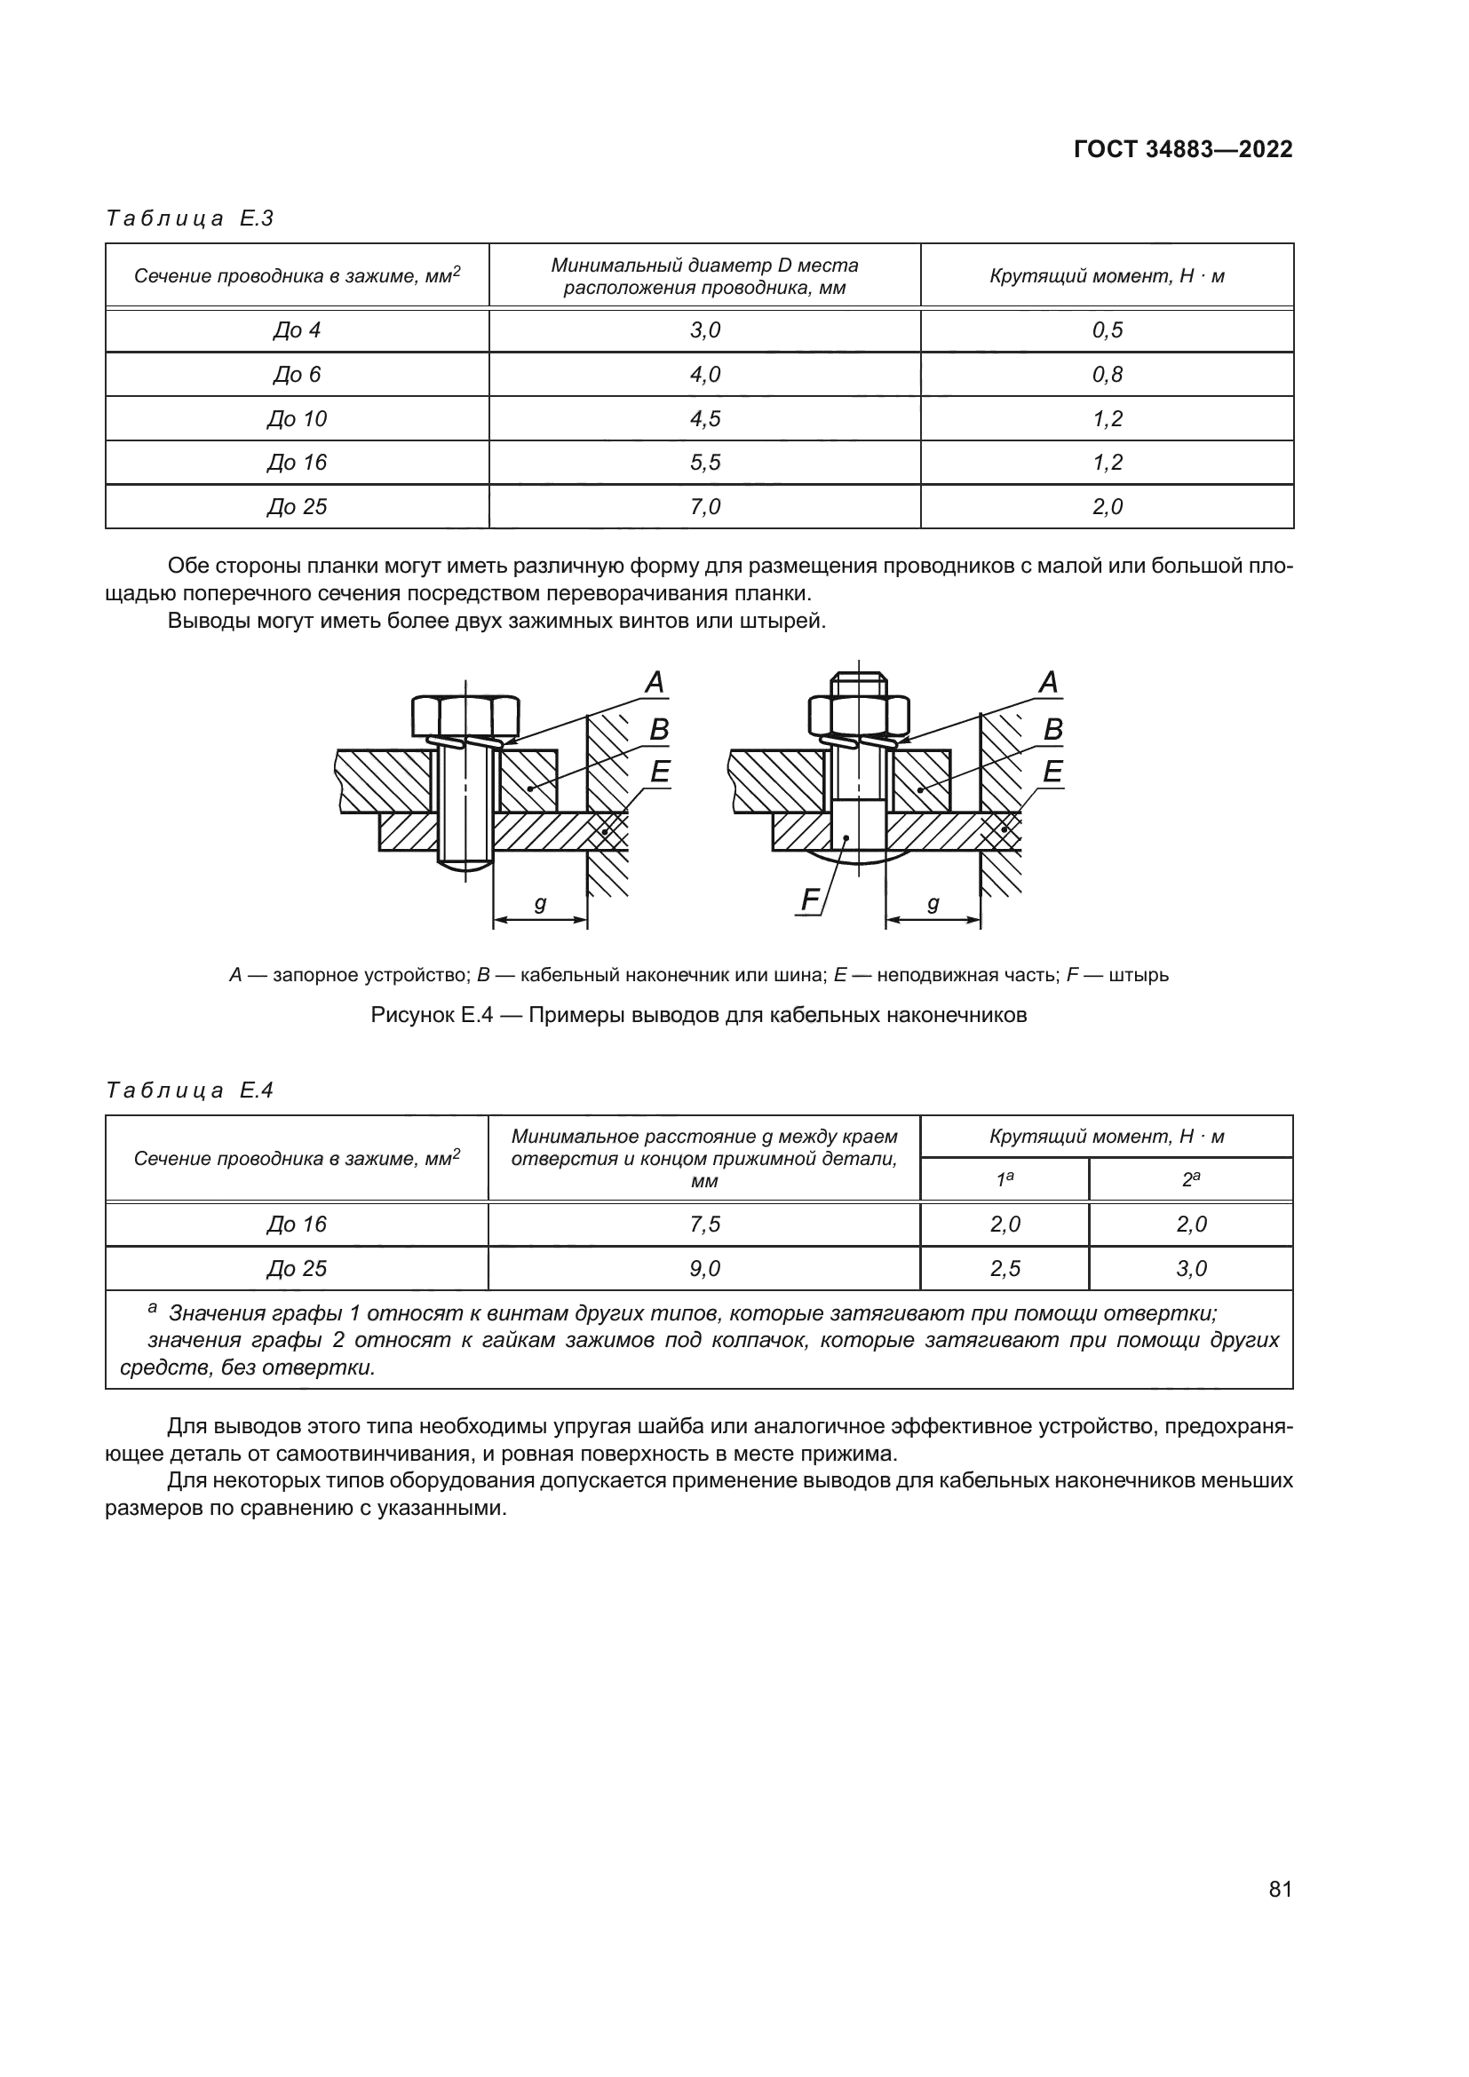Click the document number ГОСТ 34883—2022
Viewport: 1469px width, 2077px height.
1182,149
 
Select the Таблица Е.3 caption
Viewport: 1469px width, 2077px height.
190,218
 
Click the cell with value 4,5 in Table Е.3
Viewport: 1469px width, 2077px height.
704,419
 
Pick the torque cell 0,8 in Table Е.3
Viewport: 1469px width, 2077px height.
1107,375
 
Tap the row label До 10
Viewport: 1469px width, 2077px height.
297,419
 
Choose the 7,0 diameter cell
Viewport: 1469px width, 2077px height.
704,506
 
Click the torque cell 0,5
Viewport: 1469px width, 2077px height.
1107,330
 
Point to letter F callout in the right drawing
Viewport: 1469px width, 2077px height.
810,900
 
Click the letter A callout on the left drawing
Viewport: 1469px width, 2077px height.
655,683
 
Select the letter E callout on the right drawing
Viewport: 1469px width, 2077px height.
1052,772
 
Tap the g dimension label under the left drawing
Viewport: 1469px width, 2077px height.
540,903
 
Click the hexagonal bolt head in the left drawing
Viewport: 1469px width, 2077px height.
465,717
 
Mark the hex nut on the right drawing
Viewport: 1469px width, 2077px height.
859,717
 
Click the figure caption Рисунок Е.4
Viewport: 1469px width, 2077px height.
698,1015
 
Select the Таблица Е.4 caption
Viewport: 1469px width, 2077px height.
190,1090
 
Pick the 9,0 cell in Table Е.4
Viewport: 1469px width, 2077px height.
704,1268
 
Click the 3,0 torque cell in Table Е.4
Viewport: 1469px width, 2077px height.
1190,1268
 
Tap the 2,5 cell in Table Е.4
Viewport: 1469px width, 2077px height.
1004,1268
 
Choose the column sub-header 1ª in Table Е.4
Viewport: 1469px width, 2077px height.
1004,1179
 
